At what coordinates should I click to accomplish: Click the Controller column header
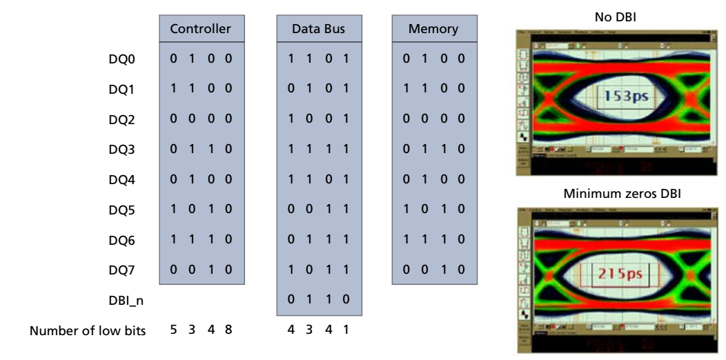click(x=200, y=30)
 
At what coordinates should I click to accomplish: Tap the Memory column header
click(x=433, y=30)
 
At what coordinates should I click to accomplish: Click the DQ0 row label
click(x=123, y=60)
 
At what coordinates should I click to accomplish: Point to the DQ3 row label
click(x=123, y=150)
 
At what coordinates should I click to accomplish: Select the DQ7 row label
click(x=123, y=270)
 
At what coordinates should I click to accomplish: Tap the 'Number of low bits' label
click(x=87, y=330)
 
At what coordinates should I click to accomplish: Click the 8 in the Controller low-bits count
click(x=227, y=330)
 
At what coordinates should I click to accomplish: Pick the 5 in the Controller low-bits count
click(x=173, y=330)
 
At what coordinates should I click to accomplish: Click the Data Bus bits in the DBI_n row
click(x=317, y=300)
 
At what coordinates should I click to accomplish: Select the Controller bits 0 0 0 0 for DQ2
click(x=200, y=120)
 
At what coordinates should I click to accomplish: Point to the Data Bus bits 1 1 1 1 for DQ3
click(x=317, y=150)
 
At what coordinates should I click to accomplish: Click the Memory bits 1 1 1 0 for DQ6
click(x=433, y=240)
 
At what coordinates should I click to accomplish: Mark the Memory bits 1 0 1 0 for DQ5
click(x=433, y=210)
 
